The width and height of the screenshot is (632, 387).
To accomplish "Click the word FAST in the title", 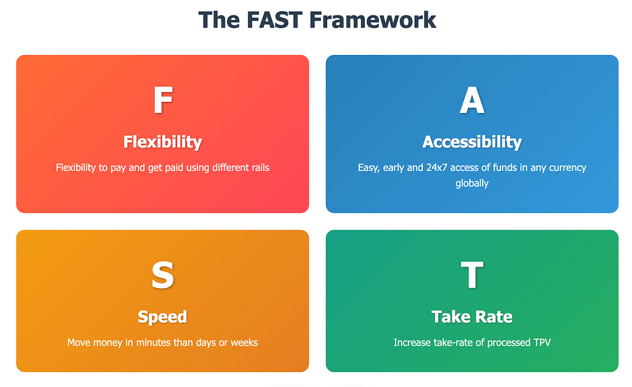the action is coord(274,20).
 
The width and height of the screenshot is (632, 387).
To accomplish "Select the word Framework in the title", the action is coord(373,20).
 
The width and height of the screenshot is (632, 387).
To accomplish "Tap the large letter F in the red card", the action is coord(163,99).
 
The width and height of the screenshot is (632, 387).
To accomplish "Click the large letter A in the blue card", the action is coord(472,100).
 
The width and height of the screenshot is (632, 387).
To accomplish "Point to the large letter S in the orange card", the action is coord(163,275).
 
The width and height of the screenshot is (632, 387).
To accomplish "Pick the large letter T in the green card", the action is coord(472,275).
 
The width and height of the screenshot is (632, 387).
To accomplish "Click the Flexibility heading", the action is coord(162,143).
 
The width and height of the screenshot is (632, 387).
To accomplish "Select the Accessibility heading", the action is coord(472,143).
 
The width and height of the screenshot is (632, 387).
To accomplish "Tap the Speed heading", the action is coord(162,317).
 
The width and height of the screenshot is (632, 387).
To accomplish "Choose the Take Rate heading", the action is coord(472,317).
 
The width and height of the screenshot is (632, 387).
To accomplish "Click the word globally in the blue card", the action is coord(472,183).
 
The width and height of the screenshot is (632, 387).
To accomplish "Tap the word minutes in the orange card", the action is coord(153,343).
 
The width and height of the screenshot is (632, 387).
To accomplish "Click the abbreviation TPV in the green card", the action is coord(542,343).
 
